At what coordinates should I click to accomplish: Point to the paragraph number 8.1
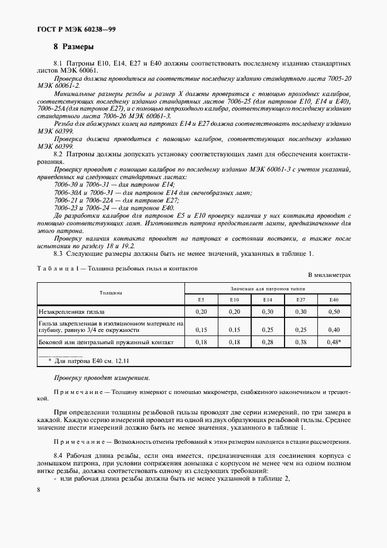(x=58, y=63)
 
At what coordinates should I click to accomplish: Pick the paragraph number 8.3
(x=58, y=253)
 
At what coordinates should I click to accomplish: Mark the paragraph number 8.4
(x=58, y=455)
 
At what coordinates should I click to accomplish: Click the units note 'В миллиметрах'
(x=330, y=275)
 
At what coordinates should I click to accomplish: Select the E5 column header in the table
(x=201, y=300)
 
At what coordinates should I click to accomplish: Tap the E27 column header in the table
(x=301, y=300)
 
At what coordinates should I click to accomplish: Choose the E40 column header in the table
(x=334, y=300)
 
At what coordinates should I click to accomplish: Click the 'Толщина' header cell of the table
(x=111, y=292)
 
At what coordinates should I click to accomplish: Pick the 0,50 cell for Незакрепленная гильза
(x=334, y=312)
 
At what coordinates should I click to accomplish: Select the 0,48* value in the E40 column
(x=334, y=341)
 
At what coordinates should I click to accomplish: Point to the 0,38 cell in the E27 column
(x=301, y=341)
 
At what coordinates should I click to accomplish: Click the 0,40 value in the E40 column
(x=334, y=329)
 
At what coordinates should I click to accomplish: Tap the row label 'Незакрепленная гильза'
(x=74, y=312)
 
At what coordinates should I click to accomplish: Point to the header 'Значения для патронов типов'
(x=268, y=288)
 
